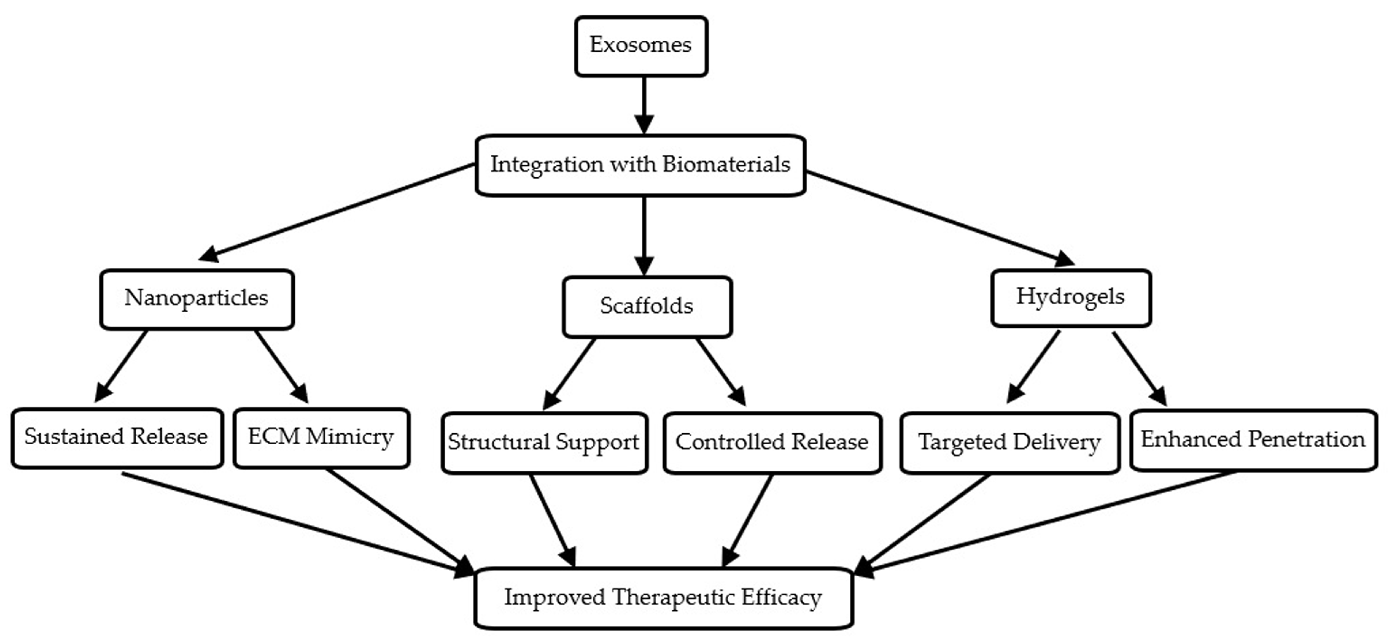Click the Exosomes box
coord(641,46)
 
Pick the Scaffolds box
coord(647,307)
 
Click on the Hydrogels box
coord(1071,298)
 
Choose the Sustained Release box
coord(116,438)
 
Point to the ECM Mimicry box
coord(321,438)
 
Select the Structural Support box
coord(544,443)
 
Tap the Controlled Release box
coord(772,443)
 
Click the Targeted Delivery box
coord(1009,443)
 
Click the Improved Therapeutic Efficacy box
coord(663,598)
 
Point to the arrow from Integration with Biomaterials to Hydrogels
coord(938,217)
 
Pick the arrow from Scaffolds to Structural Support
coord(570,374)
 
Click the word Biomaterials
coord(726,164)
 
